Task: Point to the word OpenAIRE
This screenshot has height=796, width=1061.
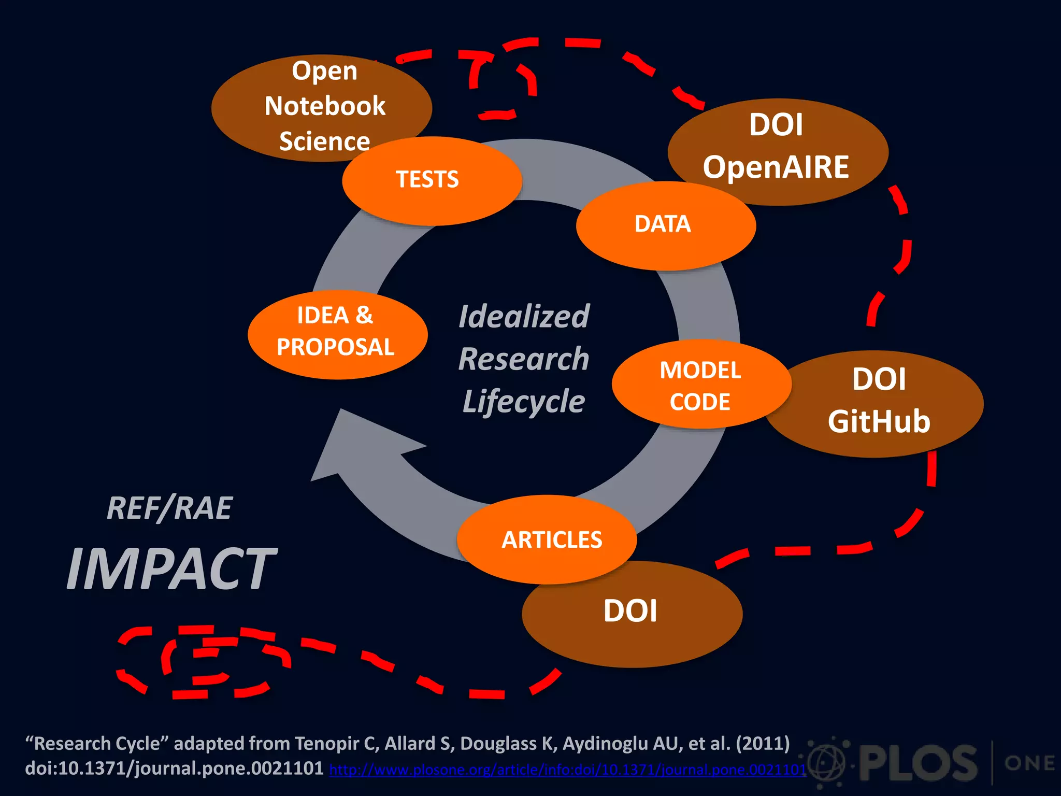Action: point(776,167)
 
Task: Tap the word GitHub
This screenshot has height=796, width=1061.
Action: point(879,421)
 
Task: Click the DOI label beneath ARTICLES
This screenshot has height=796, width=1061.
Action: point(630,611)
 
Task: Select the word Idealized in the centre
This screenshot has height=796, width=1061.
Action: point(524,317)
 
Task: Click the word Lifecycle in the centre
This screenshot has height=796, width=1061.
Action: point(524,402)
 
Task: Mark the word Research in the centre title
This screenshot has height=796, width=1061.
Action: point(524,359)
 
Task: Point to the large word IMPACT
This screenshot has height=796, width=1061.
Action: point(171,569)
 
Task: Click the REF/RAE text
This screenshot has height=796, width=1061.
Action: point(169,508)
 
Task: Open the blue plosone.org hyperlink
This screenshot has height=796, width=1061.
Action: point(568,770)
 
